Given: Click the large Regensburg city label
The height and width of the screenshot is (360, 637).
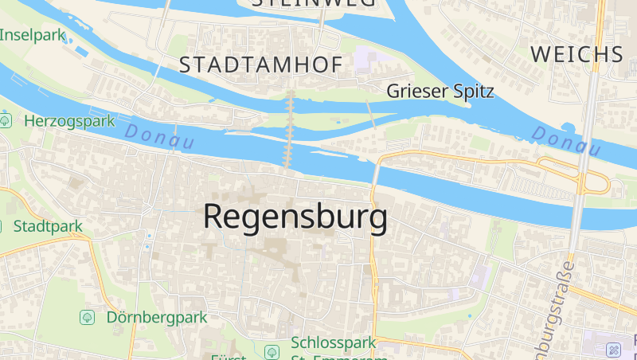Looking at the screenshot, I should tap(295, 217).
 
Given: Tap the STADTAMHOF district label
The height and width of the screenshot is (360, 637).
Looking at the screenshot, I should tap(260, 65).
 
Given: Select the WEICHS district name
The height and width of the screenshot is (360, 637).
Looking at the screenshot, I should tap(576, 54).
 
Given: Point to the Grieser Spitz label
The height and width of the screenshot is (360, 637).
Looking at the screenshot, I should tap(440, 92).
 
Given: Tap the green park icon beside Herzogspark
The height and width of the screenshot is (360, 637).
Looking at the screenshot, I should tap(6, 121).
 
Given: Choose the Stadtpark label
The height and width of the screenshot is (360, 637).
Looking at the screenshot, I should tap(48, 226).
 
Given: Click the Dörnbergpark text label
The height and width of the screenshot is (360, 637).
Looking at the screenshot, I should tap(156, 317).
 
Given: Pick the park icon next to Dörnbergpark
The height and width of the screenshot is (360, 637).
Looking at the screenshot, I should tap(88, 317).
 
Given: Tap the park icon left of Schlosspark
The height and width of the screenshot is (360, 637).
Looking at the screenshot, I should tap(272, 350).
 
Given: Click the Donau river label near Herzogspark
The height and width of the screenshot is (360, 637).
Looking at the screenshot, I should tap(160, 137).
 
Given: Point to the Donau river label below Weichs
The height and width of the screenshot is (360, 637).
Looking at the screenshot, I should tap(566, 140).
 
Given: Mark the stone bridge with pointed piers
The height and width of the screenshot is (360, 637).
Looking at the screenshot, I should tap(290, 127).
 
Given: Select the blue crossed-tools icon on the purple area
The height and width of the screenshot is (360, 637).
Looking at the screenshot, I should tap(613, 350).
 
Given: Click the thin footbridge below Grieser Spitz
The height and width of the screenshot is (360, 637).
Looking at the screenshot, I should tap(373, 116).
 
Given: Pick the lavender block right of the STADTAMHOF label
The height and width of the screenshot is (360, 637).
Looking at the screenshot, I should tap(368, 58).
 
